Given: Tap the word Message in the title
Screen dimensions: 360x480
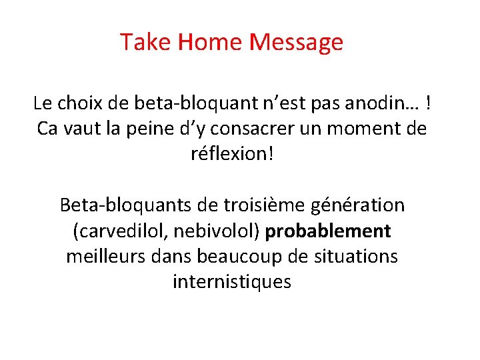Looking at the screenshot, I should pyautogui.click(x=296, y=43).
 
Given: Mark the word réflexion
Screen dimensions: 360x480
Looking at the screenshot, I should pyautogui.click(x=228, y=154).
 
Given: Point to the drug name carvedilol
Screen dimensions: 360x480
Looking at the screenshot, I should pyautogui.click(x=116, y=231).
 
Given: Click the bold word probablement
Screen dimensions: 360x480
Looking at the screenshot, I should pyautogui.click(x=328, y=231).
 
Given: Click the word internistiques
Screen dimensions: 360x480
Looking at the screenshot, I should pyautogui.click(x=232, y=281).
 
